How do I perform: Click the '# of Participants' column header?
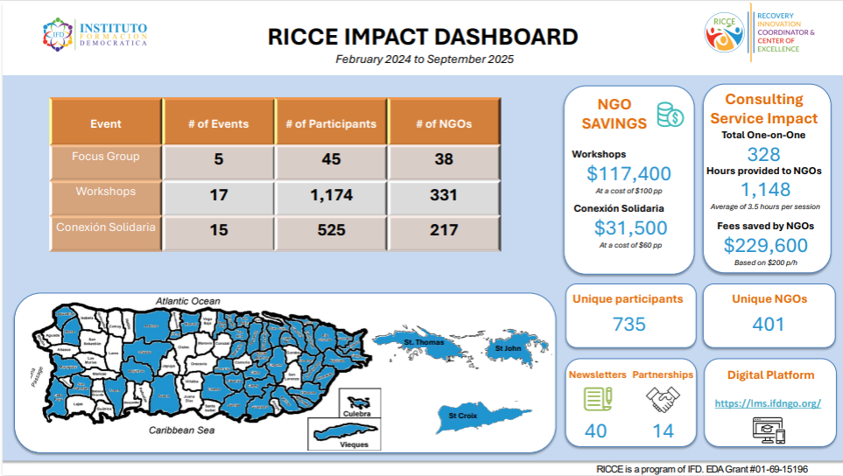331,123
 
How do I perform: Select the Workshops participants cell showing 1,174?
331,195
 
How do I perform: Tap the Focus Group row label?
106,157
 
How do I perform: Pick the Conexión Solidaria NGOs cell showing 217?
443,230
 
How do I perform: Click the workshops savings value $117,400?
629,173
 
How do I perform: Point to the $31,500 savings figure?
629,227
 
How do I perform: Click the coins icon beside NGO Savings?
670,115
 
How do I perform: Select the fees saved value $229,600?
765,246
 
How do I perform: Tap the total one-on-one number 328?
765,155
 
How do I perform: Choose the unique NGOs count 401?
768,324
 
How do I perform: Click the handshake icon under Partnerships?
663,400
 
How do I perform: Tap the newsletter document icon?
598,400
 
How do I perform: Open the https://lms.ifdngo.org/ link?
767,403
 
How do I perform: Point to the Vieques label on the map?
354,444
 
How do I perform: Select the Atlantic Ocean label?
188,301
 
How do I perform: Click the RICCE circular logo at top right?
723,31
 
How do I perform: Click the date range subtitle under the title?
424,59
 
